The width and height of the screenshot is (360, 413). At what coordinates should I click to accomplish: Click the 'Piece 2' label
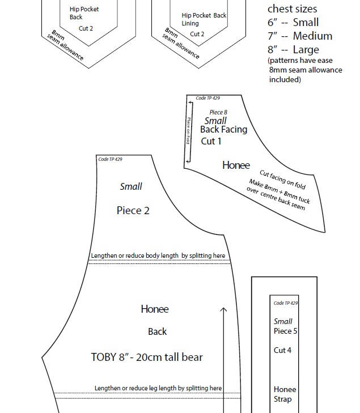[x=133, y=210]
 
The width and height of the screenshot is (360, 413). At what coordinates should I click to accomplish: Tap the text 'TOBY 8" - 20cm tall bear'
[x=147, y=357]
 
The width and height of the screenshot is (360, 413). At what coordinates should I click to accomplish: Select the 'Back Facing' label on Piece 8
[x=223, y=129]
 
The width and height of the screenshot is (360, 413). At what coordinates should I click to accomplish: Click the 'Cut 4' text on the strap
[x=282, y=350]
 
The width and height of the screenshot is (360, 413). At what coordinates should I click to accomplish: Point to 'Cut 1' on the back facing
[x=211, y=141]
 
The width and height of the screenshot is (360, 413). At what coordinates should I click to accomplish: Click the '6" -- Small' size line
[x=293, y=23]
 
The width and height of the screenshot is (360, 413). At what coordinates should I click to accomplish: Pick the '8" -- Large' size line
[x=293, y=50]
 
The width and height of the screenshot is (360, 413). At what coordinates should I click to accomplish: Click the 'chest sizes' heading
[x=292, y=9]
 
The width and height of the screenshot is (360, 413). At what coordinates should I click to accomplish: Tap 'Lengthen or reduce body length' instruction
[x=158, y=256]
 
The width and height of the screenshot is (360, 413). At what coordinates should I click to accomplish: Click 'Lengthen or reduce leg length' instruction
[x=158, y=388]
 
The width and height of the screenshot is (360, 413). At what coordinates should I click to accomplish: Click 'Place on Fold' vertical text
[x=189, y=130]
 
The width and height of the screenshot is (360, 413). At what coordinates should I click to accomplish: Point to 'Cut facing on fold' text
[x=282, y=180]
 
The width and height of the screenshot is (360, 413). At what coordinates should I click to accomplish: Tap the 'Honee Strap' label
[x=285, y=394]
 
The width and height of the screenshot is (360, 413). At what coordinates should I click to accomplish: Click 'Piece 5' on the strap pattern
[x=285, y=331]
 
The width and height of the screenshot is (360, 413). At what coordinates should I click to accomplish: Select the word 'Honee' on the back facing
[x=236, y=165]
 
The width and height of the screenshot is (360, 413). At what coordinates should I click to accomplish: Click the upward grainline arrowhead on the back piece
[x=223, y=310]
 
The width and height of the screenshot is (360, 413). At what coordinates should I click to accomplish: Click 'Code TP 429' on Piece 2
[x=110, y=159]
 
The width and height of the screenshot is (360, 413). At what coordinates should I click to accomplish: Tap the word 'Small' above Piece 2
[x=131, y=186]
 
